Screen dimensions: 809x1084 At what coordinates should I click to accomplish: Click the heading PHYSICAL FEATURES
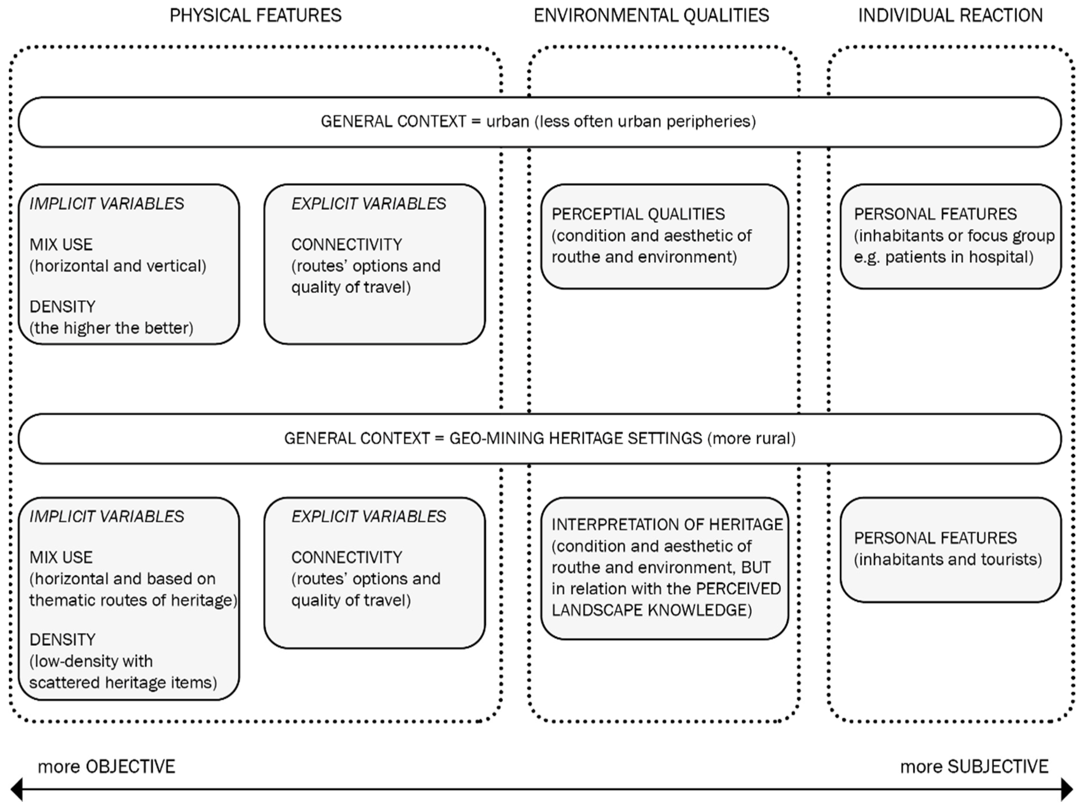pyautogui.click(x=255, y=16)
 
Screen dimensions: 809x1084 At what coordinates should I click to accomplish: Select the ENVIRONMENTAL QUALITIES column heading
pyautogui.click(x=651, y=16)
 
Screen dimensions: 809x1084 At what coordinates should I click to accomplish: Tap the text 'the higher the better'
pyautogui.click(x=112, y=328)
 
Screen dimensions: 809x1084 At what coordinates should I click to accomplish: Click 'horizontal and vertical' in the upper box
pyautogui.click(x=118, y=266)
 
